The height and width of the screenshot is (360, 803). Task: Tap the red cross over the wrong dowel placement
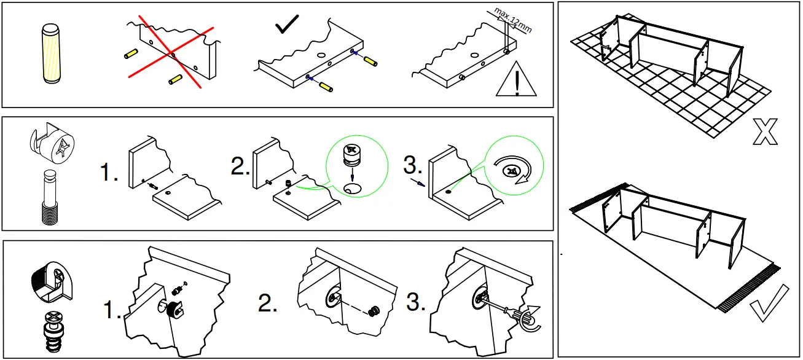pyautogui.click(x=171, y=53)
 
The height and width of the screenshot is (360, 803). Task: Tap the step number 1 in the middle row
pyautogui.click(x=109, y=174)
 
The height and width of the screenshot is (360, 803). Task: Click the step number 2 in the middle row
pyautogui.click(x=240, y=166)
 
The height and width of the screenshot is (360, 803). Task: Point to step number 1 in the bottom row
pyautogui.click(x=112, y=311)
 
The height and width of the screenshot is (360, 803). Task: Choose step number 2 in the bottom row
pyautogui.click(x=268, y=303)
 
